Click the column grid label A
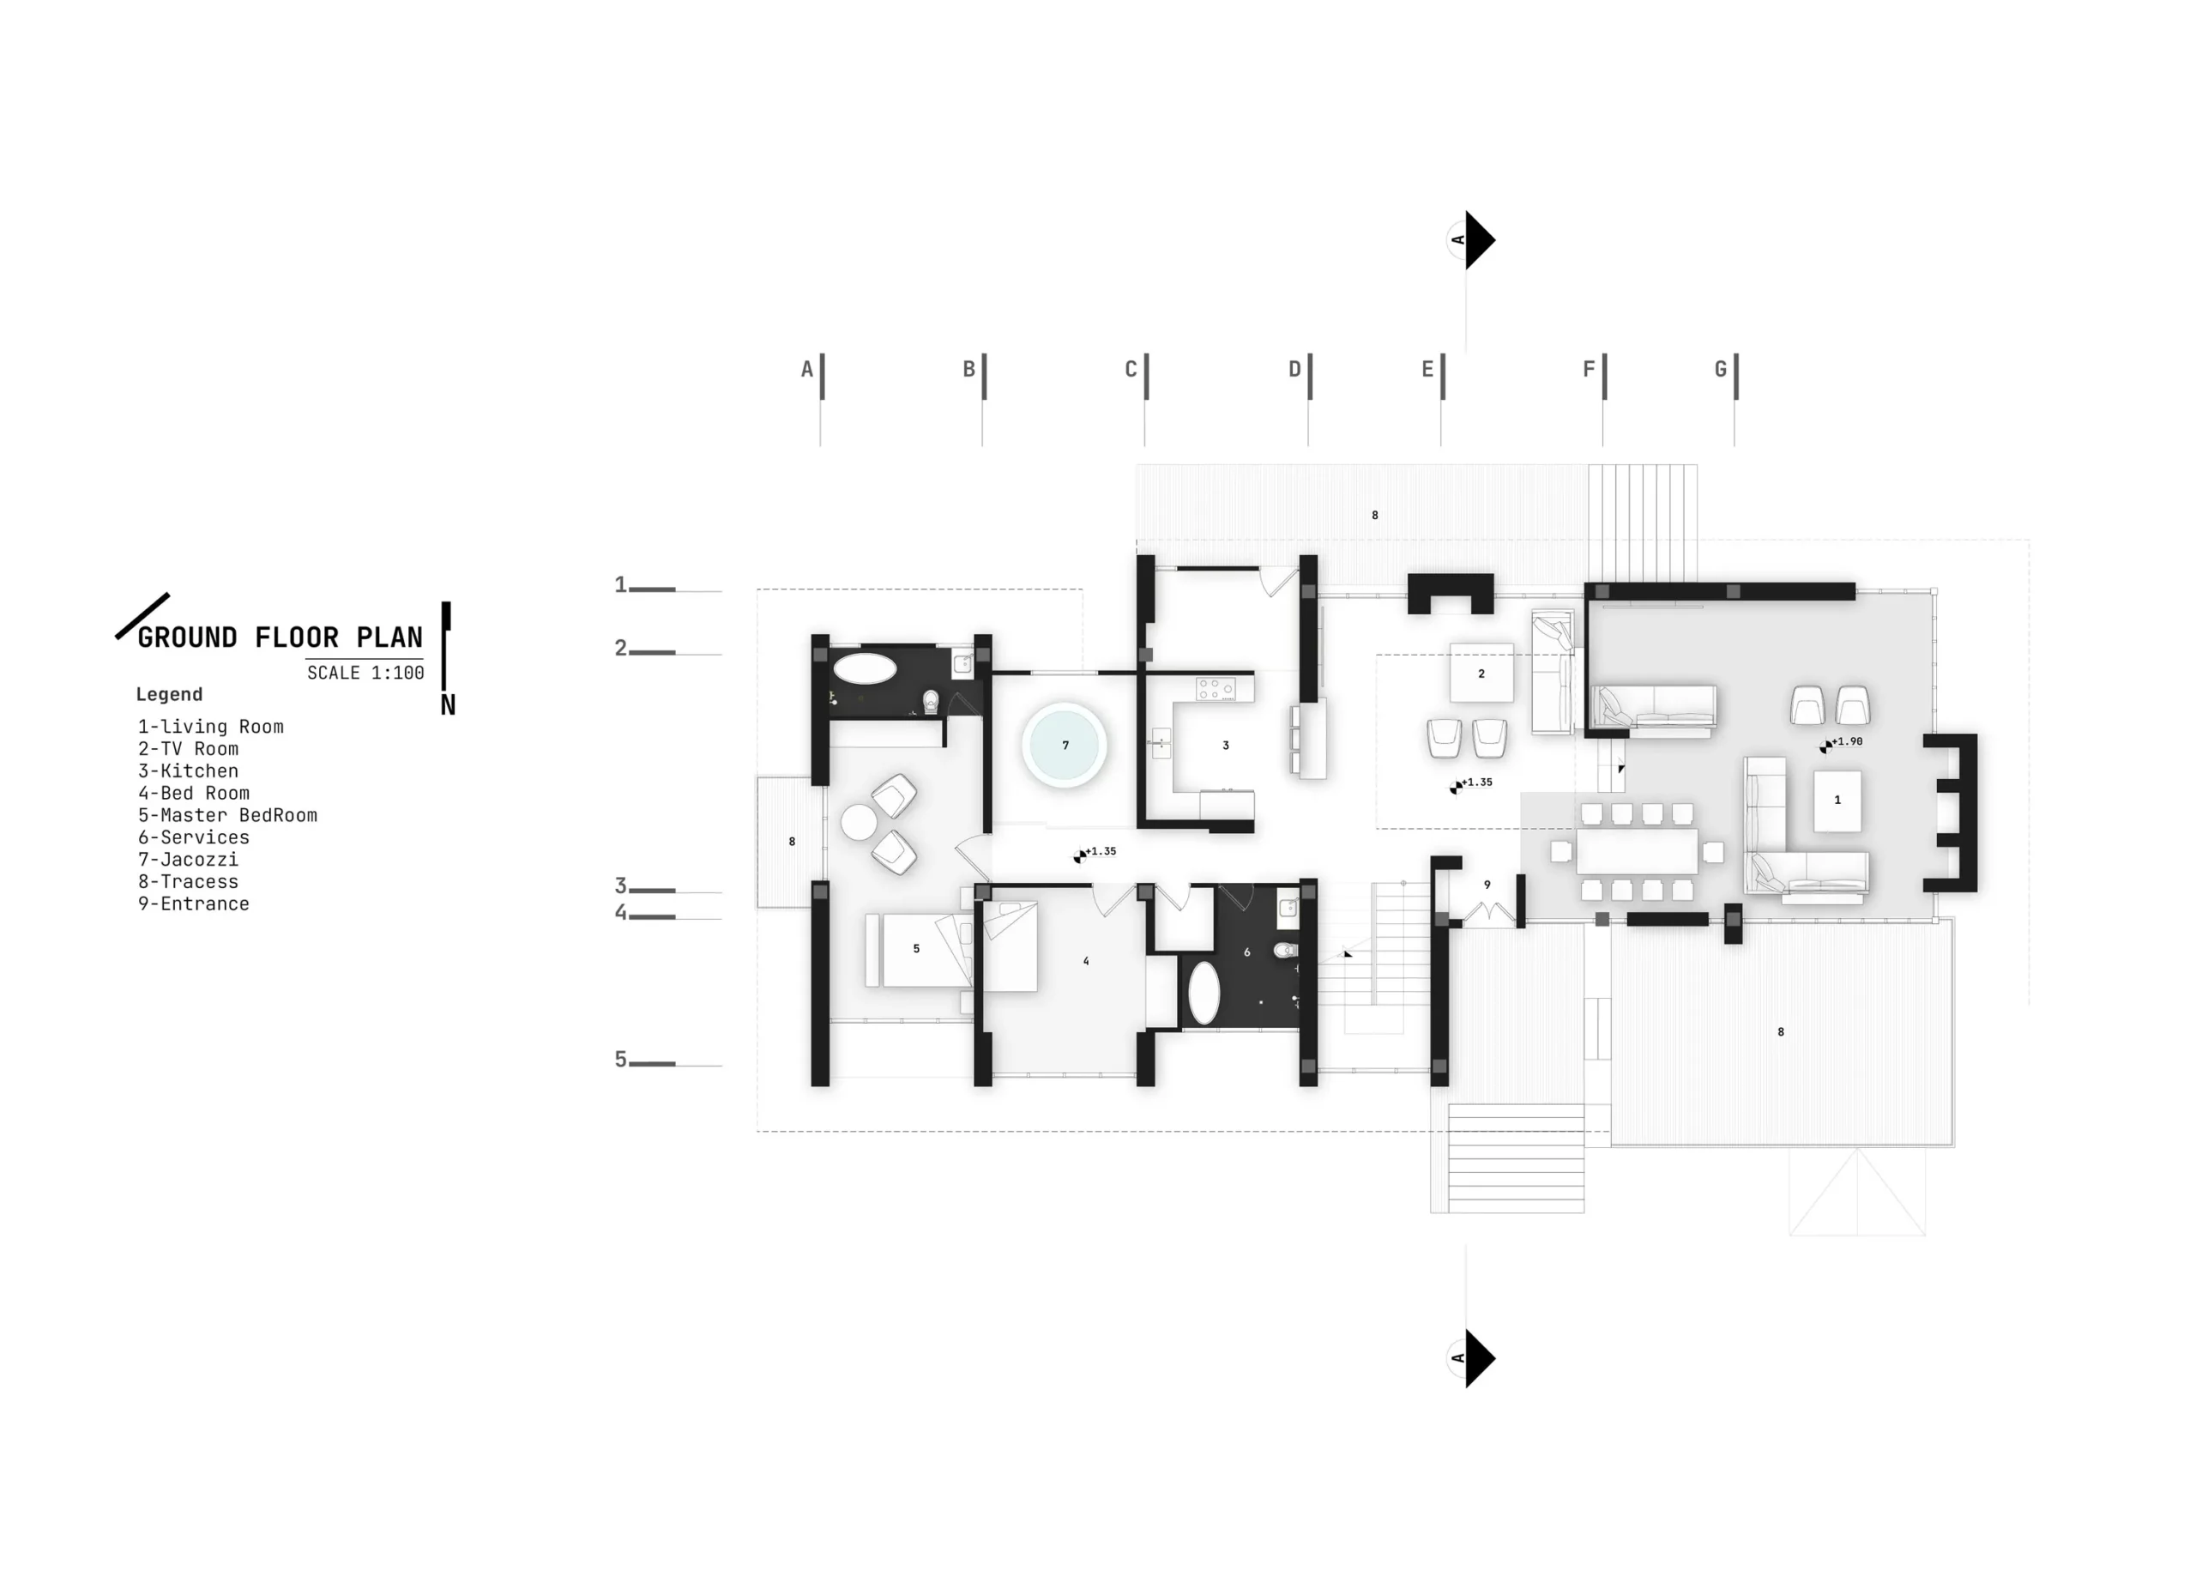(x=806, y=369)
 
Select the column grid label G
(x=1721, y=369)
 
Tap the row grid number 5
(x=621, y=1059)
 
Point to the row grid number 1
(x=621, y=584)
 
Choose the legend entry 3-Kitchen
(x=188, y=771)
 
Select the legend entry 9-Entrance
(x=194, y=903)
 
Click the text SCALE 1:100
(x=365, y=673)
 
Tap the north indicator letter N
(x=447, y=705)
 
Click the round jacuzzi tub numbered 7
(x=1064, y=745)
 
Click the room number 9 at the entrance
(x=1487, y=885)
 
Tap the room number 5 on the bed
(x=916, y=948)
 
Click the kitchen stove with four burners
(x=1216, y=689)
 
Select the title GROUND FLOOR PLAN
(x=280, y=637)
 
